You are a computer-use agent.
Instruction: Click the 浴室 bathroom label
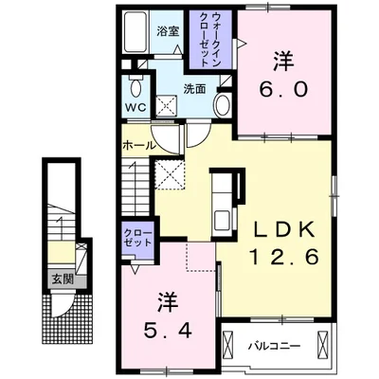pyautogui.click(x=169, y=31)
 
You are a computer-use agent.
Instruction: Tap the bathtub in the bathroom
pyautogui.click(x=135, y=32)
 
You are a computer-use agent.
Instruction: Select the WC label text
pyautogui.click(x=135, y=107)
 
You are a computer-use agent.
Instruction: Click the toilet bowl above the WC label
pyautogui.click(x=136, y=88)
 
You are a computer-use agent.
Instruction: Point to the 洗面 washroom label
pyautogui.click(x=195, y=89)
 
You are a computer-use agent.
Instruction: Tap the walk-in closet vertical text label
pyautogui.click(x=209, y=39)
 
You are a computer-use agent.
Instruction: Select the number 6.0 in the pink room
pyautogui.click(x=283, y=90)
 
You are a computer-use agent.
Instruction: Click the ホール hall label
pyautogui.click(x=138, y=146)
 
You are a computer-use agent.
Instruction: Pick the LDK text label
pyautogui.click(x=284, y=229)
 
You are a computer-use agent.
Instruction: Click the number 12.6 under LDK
pyautogui.click(x=284, y=258)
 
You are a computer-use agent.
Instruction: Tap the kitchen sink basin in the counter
pyautogui.click(x=223, y=221)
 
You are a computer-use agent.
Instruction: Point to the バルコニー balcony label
pyautogui.click(x=273, y=346)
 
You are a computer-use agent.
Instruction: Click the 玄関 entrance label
pyautogui.click(x=63, y=280)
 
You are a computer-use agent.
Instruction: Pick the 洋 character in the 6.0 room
pyautogui.click(x=283, y=61)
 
